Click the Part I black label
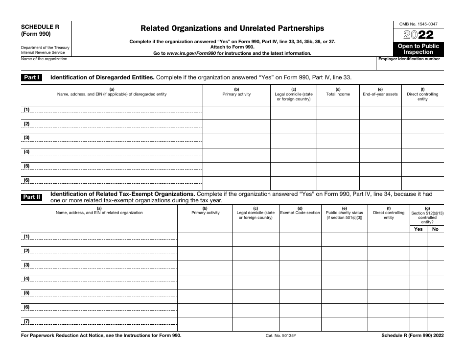click(32, 77)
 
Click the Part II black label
click(32, 197)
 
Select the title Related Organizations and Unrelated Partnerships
click(232, 28)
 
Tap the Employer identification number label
click(409, 59)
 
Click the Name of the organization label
click(44, 59)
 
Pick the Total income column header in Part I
click(338, 92)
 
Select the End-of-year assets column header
click(380, 92)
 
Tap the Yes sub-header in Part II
click(418, 229)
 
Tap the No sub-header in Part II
click(435, 229)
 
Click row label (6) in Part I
click(27, 180)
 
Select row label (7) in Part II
click(27, 321)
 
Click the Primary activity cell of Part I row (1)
click(236, 113)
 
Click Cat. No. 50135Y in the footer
click(277, 336)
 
